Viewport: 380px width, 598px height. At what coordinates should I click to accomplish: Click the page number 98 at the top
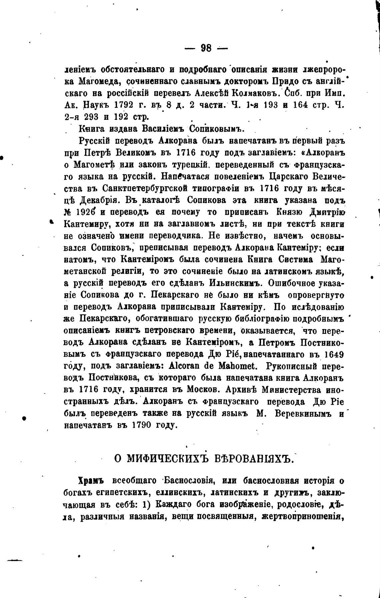coord(206,48)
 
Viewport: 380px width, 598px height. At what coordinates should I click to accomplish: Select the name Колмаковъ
coord(257,93)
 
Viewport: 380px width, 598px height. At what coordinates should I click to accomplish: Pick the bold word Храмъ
coord(91,481)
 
